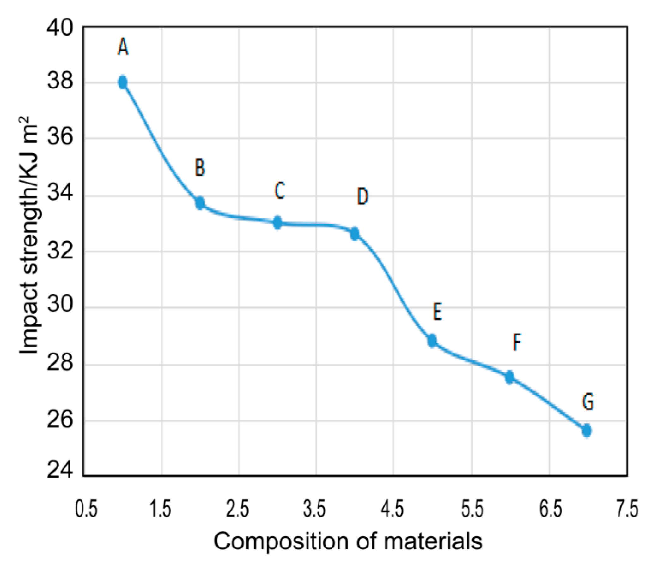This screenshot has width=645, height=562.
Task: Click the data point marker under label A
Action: pos(123,83)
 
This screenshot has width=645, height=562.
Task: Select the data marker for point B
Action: pos(200,203)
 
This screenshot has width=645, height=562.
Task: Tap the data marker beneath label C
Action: pos(277,223)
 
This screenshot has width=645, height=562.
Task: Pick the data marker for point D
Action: pos(355,234)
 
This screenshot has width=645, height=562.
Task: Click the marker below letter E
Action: pos(432,341)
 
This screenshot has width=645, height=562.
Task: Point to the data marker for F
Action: pos(509,377)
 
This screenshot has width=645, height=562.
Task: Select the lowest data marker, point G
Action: pos(587,430)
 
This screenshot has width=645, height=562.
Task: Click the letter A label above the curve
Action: pos(123,47)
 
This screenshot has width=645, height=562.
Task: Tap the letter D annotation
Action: pos(362,196)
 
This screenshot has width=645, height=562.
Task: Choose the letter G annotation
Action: pos(588,402)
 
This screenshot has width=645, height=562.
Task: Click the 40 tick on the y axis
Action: pos(60,28)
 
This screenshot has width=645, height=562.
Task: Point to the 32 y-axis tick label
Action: pos(60,252)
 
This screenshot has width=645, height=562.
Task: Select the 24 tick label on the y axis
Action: pos(60,470)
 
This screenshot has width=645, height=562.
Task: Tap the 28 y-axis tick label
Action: pos(60,363)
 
